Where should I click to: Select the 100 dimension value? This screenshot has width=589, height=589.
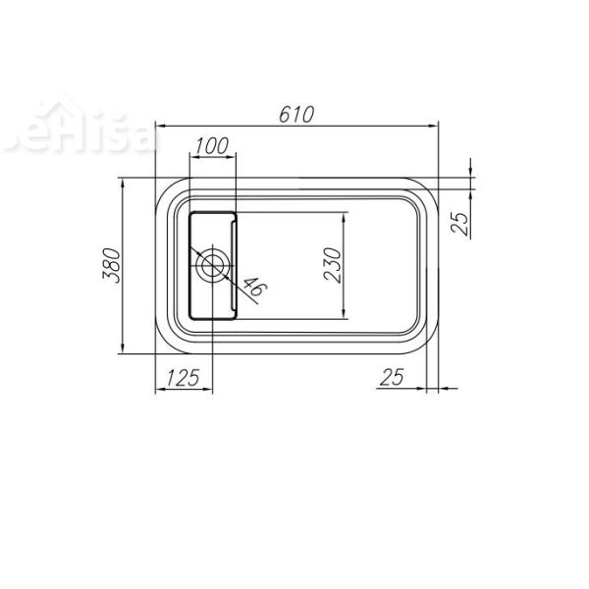212,145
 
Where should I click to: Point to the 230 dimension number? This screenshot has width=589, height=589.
332,265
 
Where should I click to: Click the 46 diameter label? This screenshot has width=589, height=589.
252,287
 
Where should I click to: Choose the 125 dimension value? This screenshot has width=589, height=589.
184,376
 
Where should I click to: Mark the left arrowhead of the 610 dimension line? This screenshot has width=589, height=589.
160,126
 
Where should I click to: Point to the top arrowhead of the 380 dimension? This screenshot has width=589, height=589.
123,182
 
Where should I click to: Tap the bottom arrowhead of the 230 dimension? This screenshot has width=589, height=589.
344,316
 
